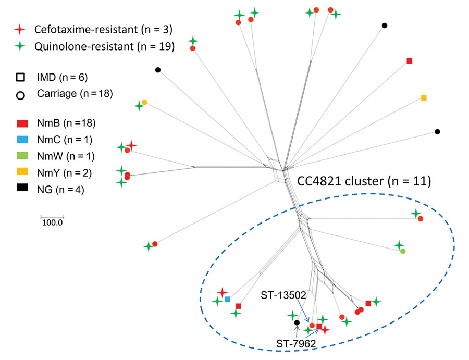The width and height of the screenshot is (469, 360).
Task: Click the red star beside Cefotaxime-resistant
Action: pos(20,29)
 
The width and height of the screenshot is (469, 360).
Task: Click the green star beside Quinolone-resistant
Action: pos(20,46)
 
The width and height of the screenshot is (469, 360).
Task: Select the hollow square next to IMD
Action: pos(20,78)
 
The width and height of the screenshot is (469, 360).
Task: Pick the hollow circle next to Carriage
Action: pos(20,96)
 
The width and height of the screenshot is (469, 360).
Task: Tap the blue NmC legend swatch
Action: pos(22,139)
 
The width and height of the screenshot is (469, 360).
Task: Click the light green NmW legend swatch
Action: pos(22,155)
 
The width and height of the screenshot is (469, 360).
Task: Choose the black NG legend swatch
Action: pos(22,187)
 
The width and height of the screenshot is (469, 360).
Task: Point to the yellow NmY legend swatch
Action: pos(22,171)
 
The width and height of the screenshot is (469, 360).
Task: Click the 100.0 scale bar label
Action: pos(52,223)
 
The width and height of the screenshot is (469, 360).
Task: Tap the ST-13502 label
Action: pos(283,295)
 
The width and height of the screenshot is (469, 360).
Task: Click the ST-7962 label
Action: pos(296,344)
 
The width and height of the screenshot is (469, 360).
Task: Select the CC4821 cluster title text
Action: pos(364,181)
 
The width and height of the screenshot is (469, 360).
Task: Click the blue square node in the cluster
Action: pos(227,299)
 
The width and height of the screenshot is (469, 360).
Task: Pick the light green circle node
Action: pos(403,251)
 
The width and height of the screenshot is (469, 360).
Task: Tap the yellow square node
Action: pos(424,98)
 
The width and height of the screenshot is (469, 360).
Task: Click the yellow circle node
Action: pos(144,102)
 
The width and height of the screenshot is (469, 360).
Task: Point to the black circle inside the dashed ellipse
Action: pos(297,322)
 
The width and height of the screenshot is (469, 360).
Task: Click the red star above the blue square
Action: pos(222,292)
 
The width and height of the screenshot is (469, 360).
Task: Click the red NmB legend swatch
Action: pos(22,123)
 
